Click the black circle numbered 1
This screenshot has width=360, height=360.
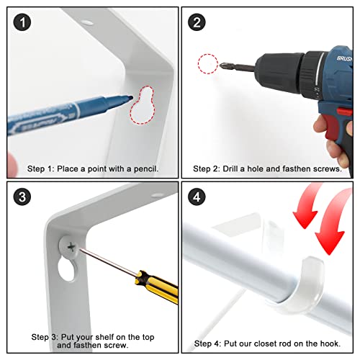[x=22, y=22]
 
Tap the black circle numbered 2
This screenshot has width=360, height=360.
[x=197, y=22]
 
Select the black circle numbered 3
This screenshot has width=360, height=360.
[x=22, y=197]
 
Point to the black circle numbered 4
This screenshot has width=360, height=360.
[x=197, y=197]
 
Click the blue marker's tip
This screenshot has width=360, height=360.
[x=131, y=98]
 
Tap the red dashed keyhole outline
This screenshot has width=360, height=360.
[x=143, y=105]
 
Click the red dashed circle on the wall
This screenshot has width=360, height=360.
[x=208, y=64]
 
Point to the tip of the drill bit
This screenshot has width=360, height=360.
[x=221, y=65]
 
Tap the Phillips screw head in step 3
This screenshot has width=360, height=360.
[x=70, y=247]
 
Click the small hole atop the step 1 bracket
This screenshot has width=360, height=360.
[x=87, y=23]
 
